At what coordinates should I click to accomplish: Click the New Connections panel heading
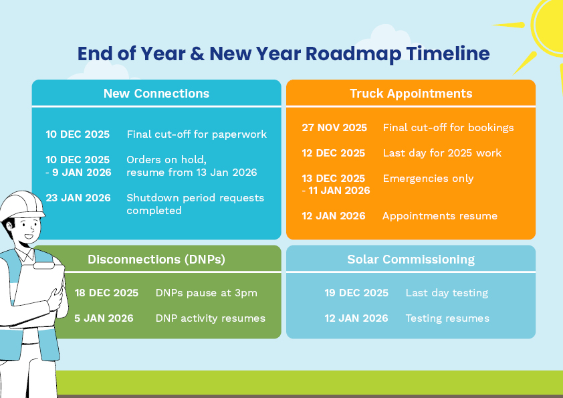coord(156,94)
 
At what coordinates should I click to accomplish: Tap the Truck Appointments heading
coord(411,94)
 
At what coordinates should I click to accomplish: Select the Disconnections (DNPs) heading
coord(156,260)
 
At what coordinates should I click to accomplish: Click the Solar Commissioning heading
coord(411,260)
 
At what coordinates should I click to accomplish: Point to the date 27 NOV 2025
coord(334,128)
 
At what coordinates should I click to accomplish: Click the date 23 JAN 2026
coord(78,198)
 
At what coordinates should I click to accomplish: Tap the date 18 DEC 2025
coord(106,293)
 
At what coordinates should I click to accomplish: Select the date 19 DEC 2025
coord(356,293)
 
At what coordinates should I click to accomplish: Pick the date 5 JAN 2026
coord(104,318)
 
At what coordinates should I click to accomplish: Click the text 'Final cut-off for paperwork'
coord(197,134)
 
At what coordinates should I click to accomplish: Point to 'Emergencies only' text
coord(429,179)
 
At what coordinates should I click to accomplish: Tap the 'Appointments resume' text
coord(440,216)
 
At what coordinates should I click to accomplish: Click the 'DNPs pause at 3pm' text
coord(207,293)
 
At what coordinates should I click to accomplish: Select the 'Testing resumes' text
coord(447,318)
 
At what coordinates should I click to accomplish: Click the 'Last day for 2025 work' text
coord(442,153)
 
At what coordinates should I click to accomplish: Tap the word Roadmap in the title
coord(353,54)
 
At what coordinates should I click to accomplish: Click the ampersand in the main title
coord(197,54)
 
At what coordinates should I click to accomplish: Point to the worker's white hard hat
coord(21,205)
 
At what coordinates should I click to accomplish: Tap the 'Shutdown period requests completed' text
coord(195,204)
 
